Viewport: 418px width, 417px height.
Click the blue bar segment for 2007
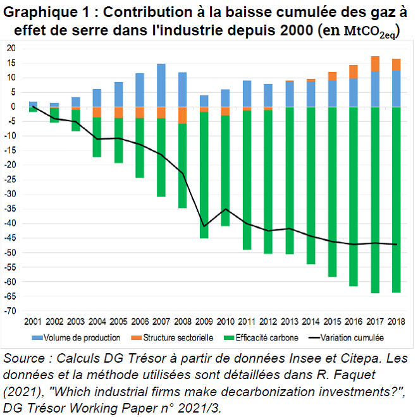pyautogui.click(x=161, y=85)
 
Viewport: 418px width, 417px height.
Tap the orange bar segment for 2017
pyautogui.click(x=375, y=64)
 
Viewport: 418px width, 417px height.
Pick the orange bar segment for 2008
pyautogui.click(x=183, y=115)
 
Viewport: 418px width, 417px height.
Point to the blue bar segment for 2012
pyautogui.click(x=268, y=95)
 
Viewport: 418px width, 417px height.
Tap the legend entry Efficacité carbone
pyautogui.click(x=266, y=338)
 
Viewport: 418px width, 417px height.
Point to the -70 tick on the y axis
pyautogui.click(x=11, y=311)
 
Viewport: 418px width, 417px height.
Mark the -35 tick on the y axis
pyautogui.click(x=11, y=209)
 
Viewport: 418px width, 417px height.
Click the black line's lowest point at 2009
pyautogui.click(x=204, y=226)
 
